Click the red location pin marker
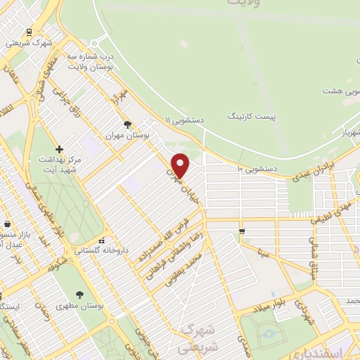coord(181,165)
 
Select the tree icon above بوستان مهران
coord(127,124)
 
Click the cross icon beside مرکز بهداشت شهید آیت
coord(60,149)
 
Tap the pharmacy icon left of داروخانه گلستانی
coord(103,239)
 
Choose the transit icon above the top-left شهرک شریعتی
coord(29,32)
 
